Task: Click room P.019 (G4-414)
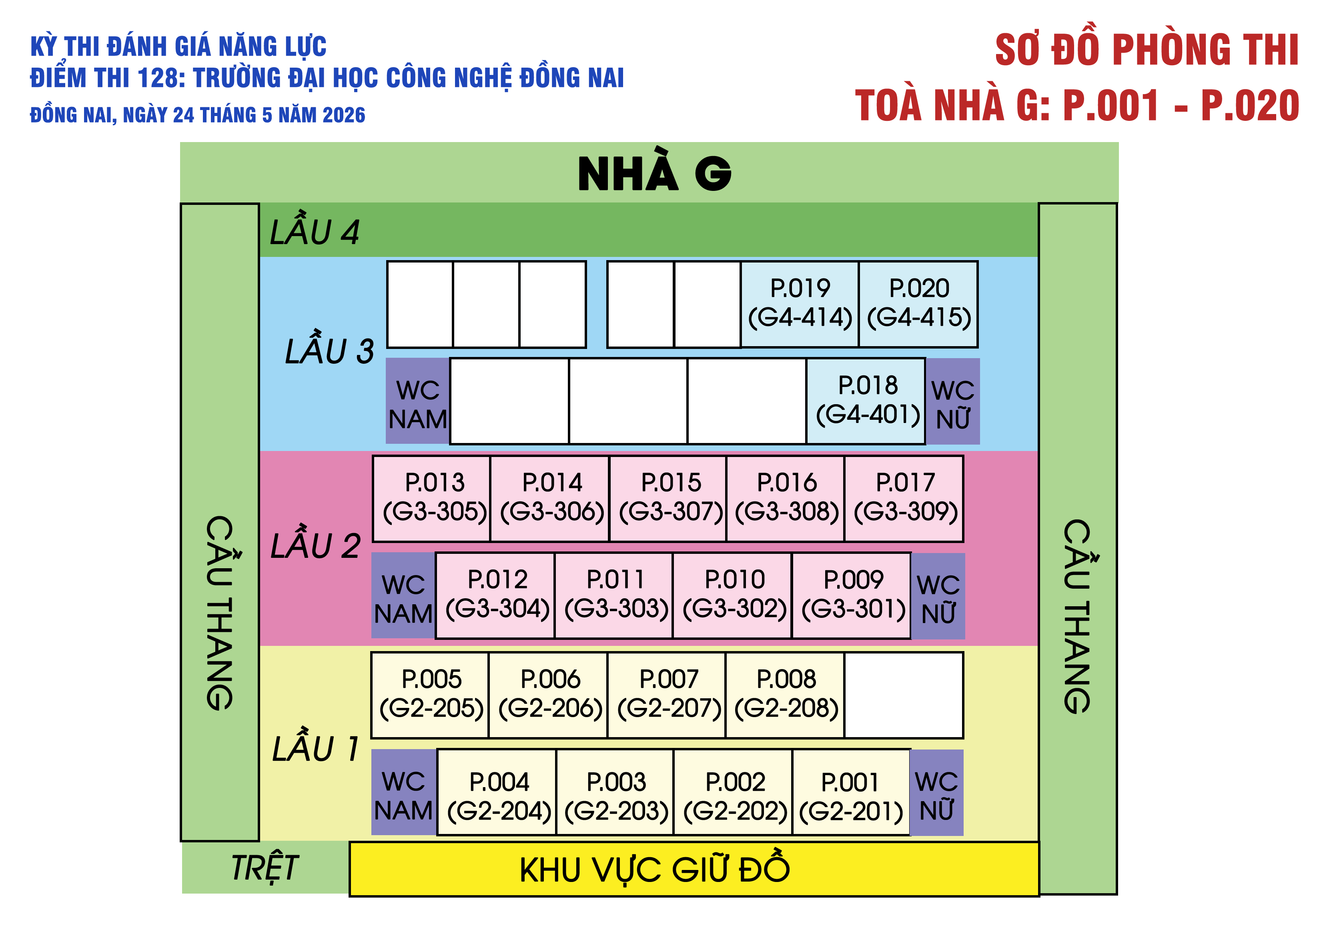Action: pyautogui.click(x=800, y=304)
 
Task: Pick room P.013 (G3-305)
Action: pyautogui.click(x=432, y=499)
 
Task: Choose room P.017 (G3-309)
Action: pyautogui.click(x=904, y=499)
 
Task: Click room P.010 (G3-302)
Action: pyautogui.click(x=733, y=595)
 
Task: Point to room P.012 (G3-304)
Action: pyautogui.click(x=496, y=595)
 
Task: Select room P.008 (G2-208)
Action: pyautogui.click(x=786, y=695)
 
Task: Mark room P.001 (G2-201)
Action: pyautogui.click(x=851, y=792)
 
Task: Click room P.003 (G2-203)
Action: pyautogui.click(x=615, y=792)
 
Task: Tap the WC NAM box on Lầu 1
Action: pyautogui.click(x=404, y=792)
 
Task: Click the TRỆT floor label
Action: pyautogui.click(x=265, y=867)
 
